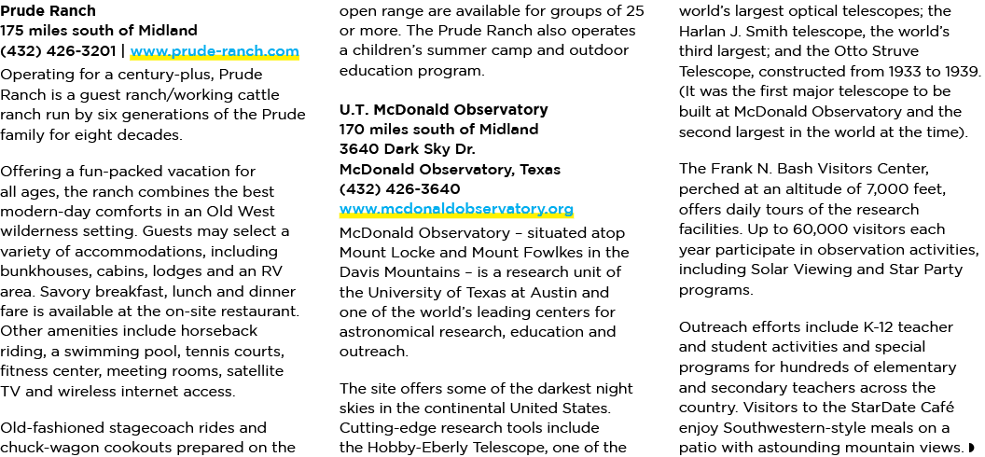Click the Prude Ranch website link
coord(215,51)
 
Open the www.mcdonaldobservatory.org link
coord(456,208)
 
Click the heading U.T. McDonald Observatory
coord(443,109)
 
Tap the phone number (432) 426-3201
coord(58,51)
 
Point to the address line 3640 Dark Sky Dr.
coord(407,149)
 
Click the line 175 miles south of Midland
coord(99,31)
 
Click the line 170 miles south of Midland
coord(438,130)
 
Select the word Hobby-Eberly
coord(426,449)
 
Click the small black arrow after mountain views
coord(972,448)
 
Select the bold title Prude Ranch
coord(48,11)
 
